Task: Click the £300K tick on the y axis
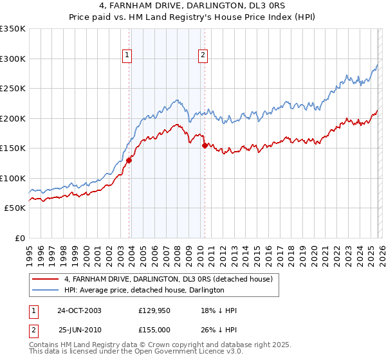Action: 13,59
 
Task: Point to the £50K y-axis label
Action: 15,208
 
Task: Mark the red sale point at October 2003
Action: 129,161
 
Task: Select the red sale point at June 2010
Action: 205,145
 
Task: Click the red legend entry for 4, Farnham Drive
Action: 169,280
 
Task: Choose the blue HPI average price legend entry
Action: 144,291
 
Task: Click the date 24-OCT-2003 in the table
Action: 79,310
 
